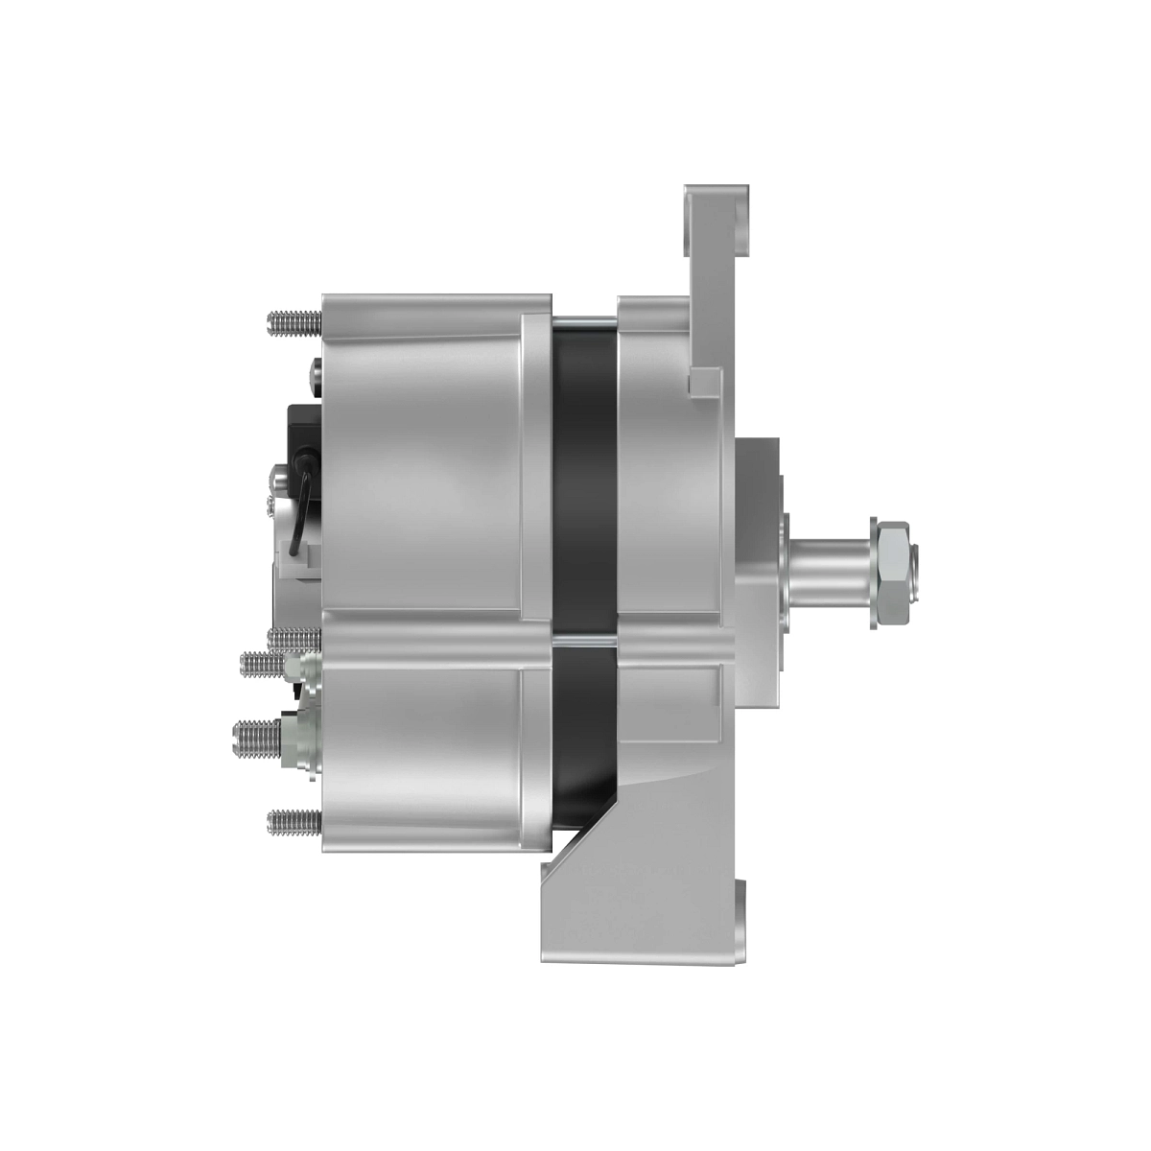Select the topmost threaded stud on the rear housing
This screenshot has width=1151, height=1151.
click(x=294, y=323)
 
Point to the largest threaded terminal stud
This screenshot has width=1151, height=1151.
click(x=257, y=737)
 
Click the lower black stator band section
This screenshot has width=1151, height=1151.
click(x=584, y=729)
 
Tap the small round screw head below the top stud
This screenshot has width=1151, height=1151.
click(x=316, y=376)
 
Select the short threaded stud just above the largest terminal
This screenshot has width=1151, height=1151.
click(x=265, y=663)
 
